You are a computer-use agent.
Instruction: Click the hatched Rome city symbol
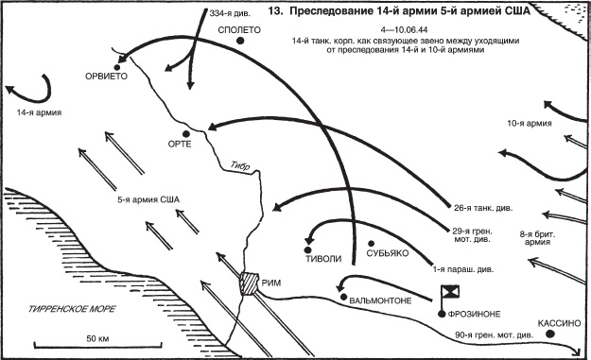pyautogui.click(x=249, y=283)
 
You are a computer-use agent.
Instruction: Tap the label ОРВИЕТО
pyautogui.click(x=106, y=77)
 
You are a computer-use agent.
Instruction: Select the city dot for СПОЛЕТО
pyautogui.click(x=240, y=41)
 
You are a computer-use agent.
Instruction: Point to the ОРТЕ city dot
pyautogui.click(x=185, y=133)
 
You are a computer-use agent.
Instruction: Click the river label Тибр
pyautogui.click(x=240, y=166)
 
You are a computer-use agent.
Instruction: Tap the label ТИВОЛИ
pyautogui.click(x=323, y=259)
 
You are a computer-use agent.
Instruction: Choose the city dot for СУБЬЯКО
pyautogui.click(x=371, y=244)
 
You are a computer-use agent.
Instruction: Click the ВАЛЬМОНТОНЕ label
pyautogui.click(x=380, y=301)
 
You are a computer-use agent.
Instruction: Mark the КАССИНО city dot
pyautogui.click(x=550, y=334)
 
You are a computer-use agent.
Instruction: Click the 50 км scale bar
pyautogui.click(x=98, y=345)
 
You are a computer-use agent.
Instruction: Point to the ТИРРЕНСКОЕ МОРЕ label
pyautogui.click(x=72, y=309)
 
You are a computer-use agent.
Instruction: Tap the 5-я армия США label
pyautogui.click(x=148, y=199)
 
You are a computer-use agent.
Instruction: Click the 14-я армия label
pyautogui.click(x=39, y=112)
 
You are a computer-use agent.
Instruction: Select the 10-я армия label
pyautogui.click(x=530, y=124)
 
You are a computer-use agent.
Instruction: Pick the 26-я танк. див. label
pyautogui.click(x=483, y=208)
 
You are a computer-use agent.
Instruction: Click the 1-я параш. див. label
pyautogui.click(x=463, y=269)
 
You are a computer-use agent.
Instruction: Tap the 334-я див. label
pyautogui.click(x=230, y=13)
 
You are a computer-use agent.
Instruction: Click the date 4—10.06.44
pyautogui.click(x=405, y=29)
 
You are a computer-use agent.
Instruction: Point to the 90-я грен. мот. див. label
pyautogui.click(x=495, y=335)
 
